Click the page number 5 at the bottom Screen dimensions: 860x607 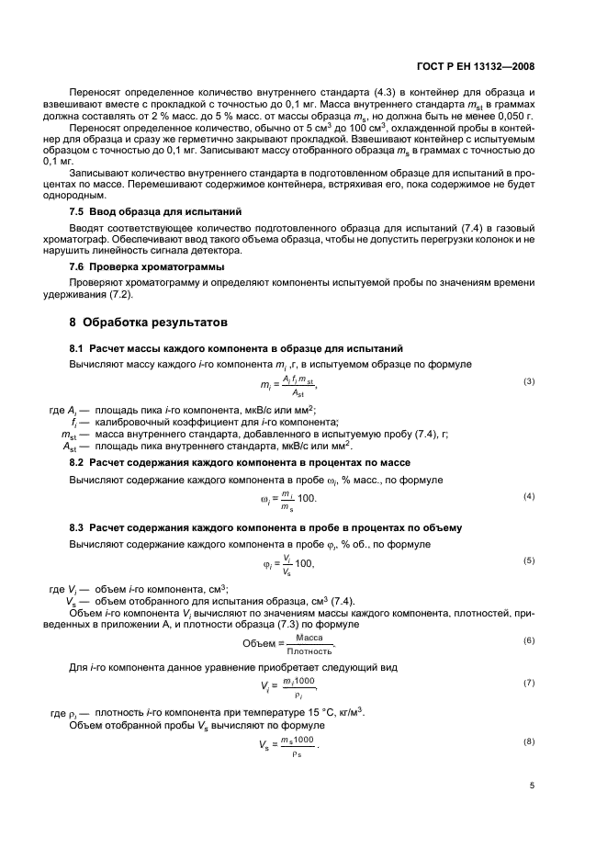tap(532, 786)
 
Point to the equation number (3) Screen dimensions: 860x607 tap(528, 381)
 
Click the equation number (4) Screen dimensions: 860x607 tap(528, 496)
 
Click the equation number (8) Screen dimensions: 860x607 tap(528, 741)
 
